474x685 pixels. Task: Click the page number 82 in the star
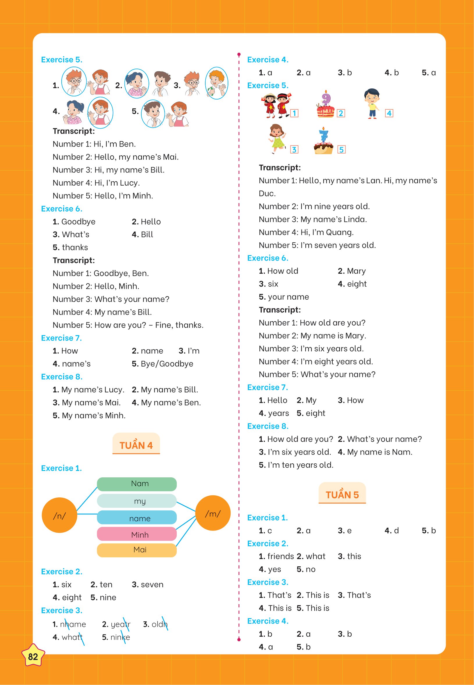point(33,656)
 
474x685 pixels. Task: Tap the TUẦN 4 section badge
point(136,445)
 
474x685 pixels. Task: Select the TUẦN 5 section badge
point(342,494)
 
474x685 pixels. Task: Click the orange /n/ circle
point(59,515)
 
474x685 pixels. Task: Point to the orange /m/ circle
point(213,513)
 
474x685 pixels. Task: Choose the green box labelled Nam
point(137,484)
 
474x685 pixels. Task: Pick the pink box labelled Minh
point(137,534)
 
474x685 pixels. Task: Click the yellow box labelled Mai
point(137,550)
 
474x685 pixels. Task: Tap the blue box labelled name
point(137,518)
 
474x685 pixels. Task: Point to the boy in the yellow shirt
point(372,103)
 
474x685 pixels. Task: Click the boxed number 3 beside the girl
point(294,150)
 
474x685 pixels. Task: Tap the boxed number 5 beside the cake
point(341,150)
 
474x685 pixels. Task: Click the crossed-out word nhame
point(73,624)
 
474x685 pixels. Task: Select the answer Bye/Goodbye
point(167,364)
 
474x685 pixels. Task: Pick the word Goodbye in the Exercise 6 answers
point(79,222)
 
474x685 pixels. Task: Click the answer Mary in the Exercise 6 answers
point(356,271)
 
